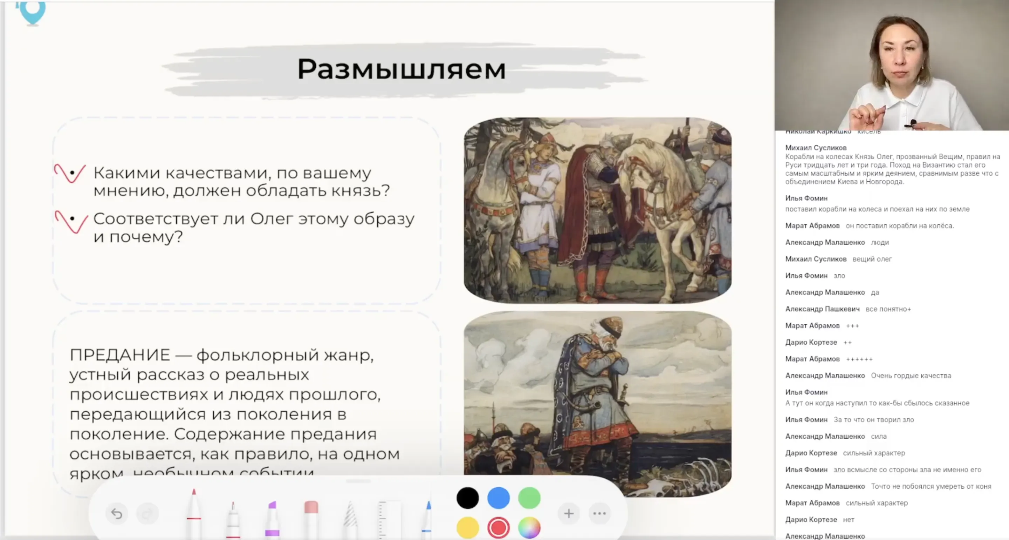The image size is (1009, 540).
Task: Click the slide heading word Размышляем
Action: (401, 69)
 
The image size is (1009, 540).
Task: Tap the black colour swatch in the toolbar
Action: (467, 498)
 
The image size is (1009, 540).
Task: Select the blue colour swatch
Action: (498, 498)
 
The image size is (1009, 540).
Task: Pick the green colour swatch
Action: (529, 498)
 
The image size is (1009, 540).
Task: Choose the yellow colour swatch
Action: (467, 528)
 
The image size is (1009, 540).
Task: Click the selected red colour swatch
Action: (498, 528)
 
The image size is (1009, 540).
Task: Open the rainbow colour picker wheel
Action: (529, 528)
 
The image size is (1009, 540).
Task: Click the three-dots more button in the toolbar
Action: (599, 513)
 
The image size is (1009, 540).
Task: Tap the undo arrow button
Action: (117, 513)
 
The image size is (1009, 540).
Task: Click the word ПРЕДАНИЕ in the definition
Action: (120, 355)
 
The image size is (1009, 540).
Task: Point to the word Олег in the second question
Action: (272, 219)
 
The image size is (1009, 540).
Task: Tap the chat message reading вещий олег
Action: (872, 259)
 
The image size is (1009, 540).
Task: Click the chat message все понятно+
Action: (888, 309)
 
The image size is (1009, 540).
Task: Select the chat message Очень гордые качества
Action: (911, 376)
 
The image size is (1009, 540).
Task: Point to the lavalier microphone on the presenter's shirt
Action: (913, 123)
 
